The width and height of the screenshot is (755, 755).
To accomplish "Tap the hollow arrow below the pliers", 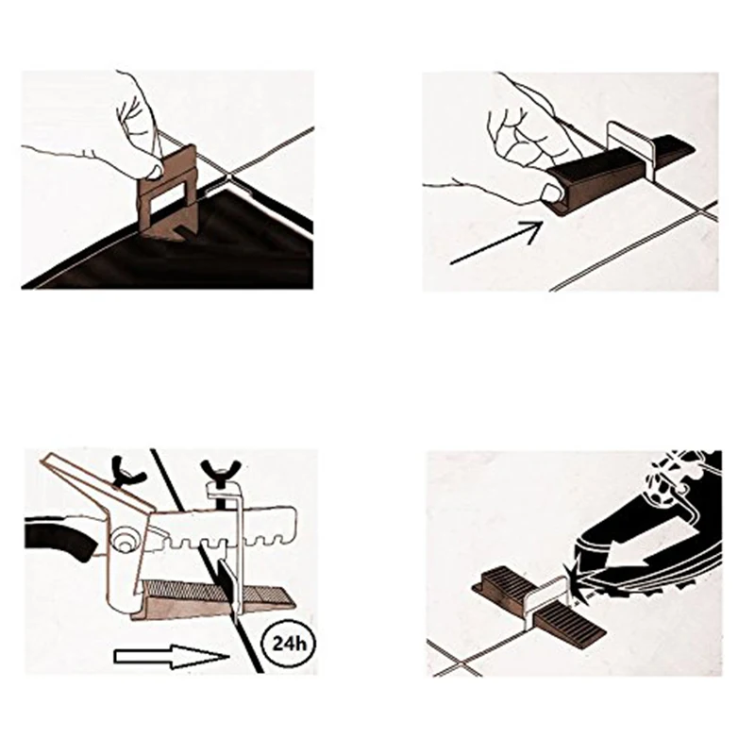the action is click(172, 656).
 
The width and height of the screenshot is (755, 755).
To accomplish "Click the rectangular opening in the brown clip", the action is click(165, 202).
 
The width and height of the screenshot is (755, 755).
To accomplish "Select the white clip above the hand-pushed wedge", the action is click(629, 147).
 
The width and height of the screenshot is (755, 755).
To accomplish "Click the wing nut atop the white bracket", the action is click(222, 469).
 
